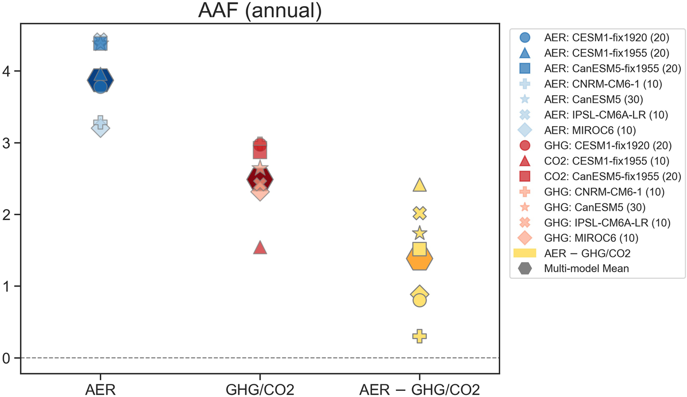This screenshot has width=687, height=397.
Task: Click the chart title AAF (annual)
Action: [260, 11]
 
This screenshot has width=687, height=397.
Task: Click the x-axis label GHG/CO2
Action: [260, 389]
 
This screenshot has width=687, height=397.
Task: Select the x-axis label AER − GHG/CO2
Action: [419, 389]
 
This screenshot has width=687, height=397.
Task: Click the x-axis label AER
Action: [100, 389]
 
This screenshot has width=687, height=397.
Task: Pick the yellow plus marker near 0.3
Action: [419, 336]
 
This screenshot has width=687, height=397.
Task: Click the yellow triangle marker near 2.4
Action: [419, 185]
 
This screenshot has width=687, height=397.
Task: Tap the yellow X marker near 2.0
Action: [419, 213]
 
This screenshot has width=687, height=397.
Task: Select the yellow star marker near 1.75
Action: [419, 233]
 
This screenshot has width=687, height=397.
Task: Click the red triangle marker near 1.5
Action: [260, 248]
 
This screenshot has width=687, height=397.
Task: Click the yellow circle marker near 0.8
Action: [419, 300]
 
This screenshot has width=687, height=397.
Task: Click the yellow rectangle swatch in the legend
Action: [525, 253]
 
